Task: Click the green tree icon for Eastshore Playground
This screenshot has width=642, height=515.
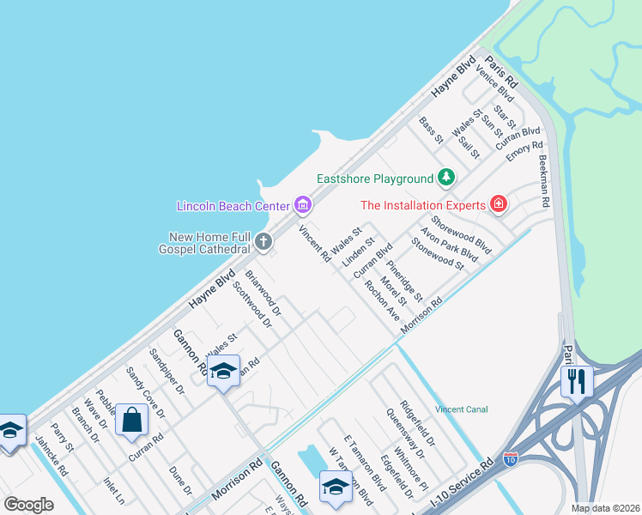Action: [x=445, y=178]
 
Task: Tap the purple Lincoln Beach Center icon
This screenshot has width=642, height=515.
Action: [x=302, y=205]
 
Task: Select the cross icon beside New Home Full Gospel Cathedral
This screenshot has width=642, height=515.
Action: [x=263, y=242]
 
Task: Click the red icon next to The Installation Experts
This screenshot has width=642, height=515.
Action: [x=498, y=204]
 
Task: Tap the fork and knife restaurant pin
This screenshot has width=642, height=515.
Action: [x=576, y=379]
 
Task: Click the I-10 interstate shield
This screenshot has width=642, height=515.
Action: [x=512, y=460]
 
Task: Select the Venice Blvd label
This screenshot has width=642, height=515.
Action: [x=494, y=86]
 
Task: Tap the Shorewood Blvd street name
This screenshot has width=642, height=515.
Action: [x=461, y=234]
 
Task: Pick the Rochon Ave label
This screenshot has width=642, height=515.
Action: [x=383, y=300]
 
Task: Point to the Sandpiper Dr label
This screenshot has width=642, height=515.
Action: [x=167, y=371]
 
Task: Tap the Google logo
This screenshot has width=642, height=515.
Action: [x=28, y=505]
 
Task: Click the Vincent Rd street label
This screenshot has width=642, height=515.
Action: [x=314, y=243]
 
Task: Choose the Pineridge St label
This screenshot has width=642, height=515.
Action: [x=403, y=280]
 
